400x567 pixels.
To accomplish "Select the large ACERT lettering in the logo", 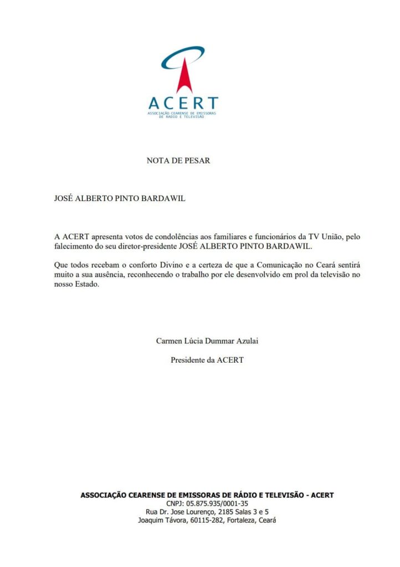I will click(183, 104).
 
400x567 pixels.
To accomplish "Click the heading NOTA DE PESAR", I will click(178, 161).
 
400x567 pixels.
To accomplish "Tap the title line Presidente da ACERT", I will click(207, 360).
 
